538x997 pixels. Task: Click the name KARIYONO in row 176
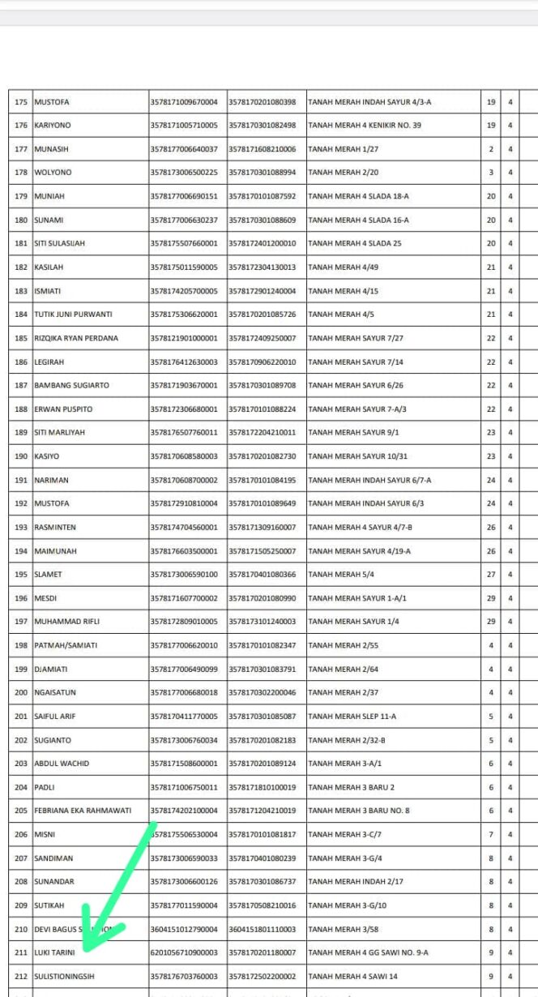(x=52, y=126)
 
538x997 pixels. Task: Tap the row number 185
(x=21, y=338)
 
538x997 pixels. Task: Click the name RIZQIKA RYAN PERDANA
(x=76, y=338)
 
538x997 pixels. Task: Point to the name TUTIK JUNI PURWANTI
(x=73, y=315)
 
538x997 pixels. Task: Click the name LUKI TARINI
(x=54, y=953)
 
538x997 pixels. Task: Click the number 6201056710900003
(x=184, y=953)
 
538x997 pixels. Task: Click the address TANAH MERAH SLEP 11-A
(x=352, y=717)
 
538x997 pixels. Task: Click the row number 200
(x=21, y=693)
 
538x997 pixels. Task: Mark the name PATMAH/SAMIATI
(x=66, y=645)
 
